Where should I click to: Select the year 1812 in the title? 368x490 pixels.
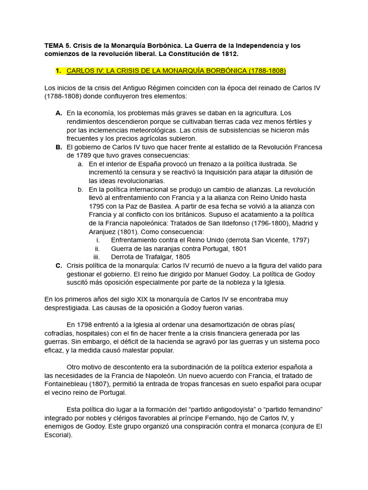pos(230,54)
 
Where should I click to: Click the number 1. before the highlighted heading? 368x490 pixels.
pos(58,71)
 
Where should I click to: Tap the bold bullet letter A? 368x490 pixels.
pos(58,113)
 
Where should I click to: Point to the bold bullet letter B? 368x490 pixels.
pos(58,147)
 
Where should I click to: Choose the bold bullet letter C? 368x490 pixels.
pos(58,265)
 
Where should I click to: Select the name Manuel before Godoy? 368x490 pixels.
pos(207,274)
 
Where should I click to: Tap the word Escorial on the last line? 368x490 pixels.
pos(57,435)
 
